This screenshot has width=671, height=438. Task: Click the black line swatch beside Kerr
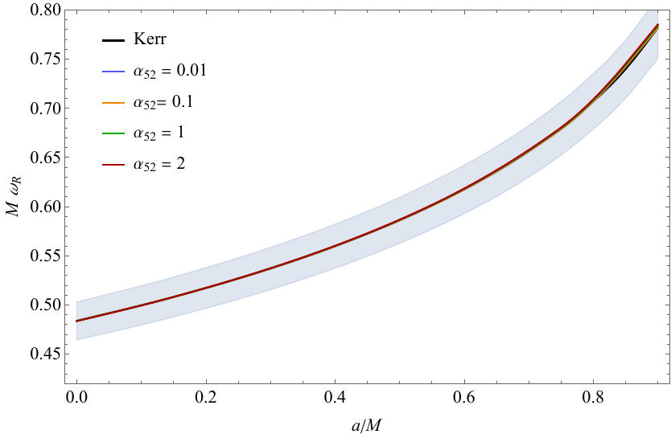[113, 39]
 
